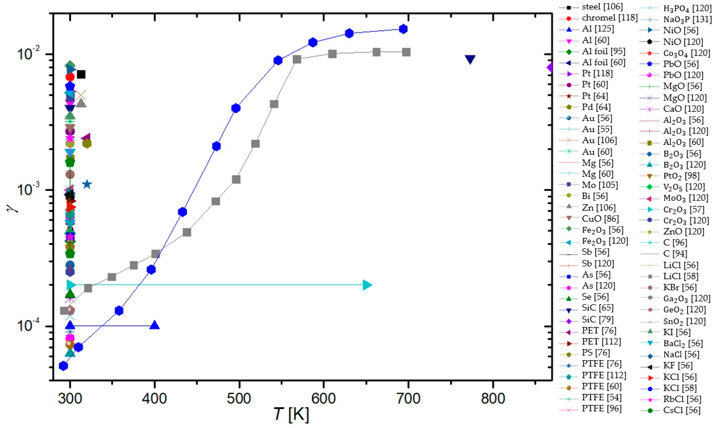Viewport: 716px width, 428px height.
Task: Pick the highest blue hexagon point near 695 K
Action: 403,29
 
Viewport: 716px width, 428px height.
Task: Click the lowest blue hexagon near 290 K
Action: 63,366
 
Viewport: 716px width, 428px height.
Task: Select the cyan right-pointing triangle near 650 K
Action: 367,285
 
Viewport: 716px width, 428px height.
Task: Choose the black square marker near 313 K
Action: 81,74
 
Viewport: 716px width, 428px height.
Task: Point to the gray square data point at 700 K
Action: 406,52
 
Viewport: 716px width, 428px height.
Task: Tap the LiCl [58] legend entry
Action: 681,276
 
